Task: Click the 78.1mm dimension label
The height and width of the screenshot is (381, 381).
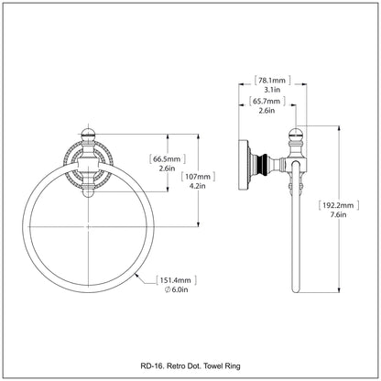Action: [x=272, y=81]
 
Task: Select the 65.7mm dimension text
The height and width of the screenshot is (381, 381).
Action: [x=267, y=101]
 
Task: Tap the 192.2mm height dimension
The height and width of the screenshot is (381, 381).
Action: [x=338, y=205]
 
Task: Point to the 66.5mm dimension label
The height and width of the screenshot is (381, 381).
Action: [x=168, y=158]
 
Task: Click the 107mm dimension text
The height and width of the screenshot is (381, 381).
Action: [x=198, y=177]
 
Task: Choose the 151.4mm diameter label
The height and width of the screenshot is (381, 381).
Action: [x=176, y=280]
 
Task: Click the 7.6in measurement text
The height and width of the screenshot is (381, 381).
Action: [x=338, y=214]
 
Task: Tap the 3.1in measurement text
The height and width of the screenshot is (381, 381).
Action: [x=272, y=90]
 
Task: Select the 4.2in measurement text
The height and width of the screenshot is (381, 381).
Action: [x=198, y=186]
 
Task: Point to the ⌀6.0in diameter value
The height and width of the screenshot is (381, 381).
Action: [x=176, y=289]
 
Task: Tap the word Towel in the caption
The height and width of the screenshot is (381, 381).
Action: [x=212, y=365]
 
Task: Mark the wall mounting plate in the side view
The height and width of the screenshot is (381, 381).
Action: [x=244, y=165]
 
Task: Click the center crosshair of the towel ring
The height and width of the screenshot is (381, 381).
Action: [x=89, y=226]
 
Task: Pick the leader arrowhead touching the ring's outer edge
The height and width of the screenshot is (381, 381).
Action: [x=137, y=277]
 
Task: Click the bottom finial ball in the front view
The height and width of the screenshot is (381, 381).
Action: [x=89, y=193]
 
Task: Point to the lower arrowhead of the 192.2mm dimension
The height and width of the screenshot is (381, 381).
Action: [x=339, y=290]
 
